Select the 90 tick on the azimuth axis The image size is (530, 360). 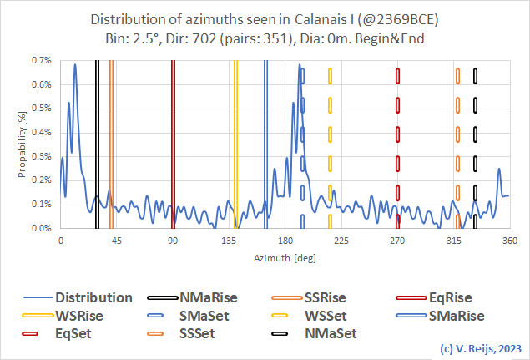click(173, 241)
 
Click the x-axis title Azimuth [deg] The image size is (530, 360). click(284, 259)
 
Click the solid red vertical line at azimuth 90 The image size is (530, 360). click(173, 142)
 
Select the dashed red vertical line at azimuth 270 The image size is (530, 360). click(397, 142)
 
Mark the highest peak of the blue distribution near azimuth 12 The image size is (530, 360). click(75, 65)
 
